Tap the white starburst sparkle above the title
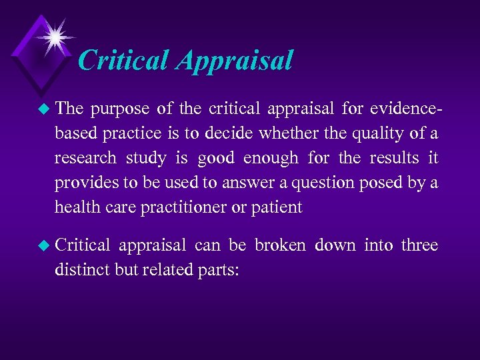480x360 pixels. click(x=54, y=36)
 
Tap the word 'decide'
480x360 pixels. click(x=229, y=133)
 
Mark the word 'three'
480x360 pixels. click(x=420, y=245)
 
